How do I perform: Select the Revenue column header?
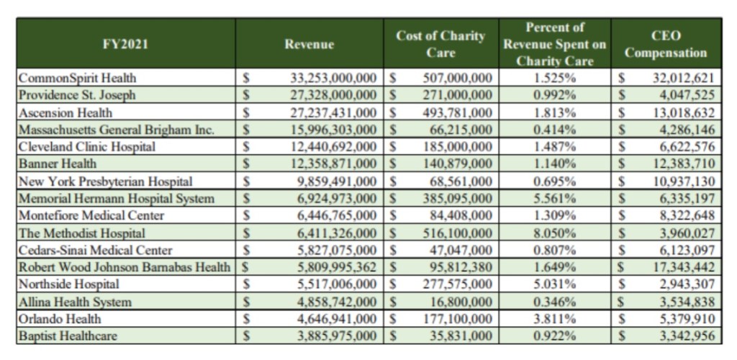(309, 45)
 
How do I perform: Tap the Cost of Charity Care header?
(440, 44)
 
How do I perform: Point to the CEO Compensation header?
(666, 44)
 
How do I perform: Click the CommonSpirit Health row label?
(78, 78)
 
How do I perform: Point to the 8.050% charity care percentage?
(554, 233)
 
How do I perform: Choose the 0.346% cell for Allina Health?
(554, 302)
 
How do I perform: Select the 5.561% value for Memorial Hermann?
(554, 199)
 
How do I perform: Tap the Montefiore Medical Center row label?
(91, 216)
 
